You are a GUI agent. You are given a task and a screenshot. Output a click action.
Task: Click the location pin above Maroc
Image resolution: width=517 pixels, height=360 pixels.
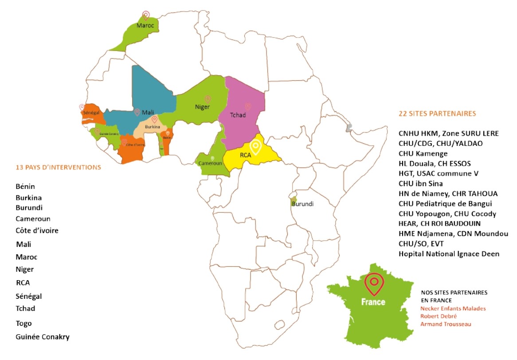pos(145,16)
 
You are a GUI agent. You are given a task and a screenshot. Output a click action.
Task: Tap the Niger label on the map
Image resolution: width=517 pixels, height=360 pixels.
pos(202,107)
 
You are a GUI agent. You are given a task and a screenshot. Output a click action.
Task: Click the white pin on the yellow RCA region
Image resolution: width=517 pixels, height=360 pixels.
pos(255,146)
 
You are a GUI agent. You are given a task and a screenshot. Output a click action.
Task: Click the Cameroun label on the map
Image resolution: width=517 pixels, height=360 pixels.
pos(210,163)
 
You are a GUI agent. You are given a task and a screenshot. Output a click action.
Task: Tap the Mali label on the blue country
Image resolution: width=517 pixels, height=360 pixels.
pos(148,113)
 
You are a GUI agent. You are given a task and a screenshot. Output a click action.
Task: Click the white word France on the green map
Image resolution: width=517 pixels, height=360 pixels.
pos(373,302)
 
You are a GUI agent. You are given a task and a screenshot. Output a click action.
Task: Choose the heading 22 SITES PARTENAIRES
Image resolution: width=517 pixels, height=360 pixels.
pos(437,113)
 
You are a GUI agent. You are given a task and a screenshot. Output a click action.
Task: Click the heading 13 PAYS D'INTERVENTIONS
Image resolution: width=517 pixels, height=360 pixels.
pos(58,168)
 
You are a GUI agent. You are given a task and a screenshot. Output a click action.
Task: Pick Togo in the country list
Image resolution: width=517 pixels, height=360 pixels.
pos(23,324)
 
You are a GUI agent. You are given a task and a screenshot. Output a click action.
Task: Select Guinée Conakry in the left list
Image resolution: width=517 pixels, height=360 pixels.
pos(43,337)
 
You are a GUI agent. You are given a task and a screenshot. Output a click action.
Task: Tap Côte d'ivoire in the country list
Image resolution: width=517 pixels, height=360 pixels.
pos(37,231)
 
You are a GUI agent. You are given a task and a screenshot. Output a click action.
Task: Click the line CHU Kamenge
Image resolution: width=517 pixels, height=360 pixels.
pos(423,153)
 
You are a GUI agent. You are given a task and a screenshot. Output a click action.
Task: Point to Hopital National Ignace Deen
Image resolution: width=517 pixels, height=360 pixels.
pos(449,254)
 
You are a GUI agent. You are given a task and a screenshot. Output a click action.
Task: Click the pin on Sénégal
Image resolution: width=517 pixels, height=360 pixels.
pos(82,107)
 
